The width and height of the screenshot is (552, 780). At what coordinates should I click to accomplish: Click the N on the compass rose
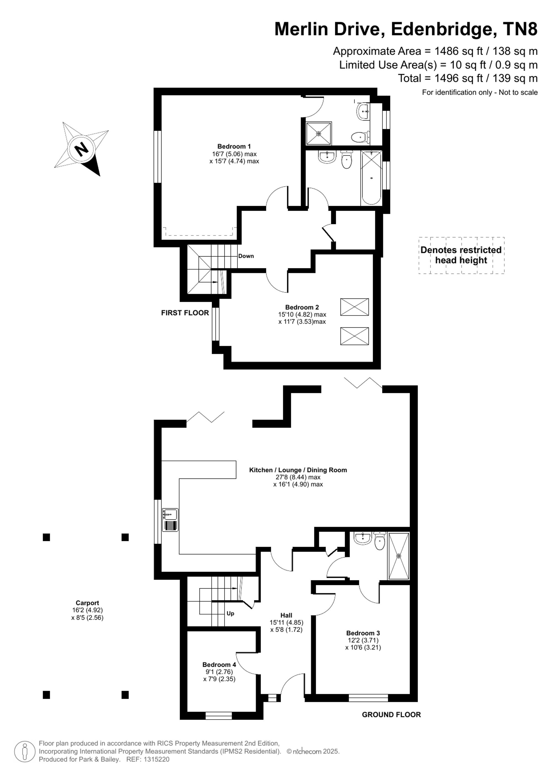(81, 149)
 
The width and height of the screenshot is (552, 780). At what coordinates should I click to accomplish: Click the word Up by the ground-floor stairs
(230, 613)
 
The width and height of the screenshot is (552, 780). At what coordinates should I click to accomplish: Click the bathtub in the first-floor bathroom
(371, 178)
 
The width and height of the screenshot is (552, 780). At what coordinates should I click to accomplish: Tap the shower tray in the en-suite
(319, 133)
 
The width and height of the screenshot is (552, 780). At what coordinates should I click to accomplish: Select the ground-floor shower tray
(399, 556)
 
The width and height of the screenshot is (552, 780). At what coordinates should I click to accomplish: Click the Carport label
(87, 603)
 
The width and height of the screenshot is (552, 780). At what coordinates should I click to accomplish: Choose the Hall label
(286, 615)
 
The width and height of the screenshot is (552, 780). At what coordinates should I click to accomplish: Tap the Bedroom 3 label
(363, 633)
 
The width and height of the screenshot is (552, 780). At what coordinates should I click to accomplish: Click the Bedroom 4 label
(219, 664)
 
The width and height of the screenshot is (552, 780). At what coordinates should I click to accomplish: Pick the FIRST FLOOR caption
(185, 313)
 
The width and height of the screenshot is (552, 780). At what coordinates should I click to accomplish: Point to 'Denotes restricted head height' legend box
(461, 255)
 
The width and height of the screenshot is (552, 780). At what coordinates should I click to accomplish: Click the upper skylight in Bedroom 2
(354, 307)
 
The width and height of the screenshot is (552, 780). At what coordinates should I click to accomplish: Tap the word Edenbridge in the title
(442, 29)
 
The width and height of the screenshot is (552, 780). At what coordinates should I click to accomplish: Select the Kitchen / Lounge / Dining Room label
(298, 470)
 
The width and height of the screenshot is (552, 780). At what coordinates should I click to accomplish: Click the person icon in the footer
(25, 752)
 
